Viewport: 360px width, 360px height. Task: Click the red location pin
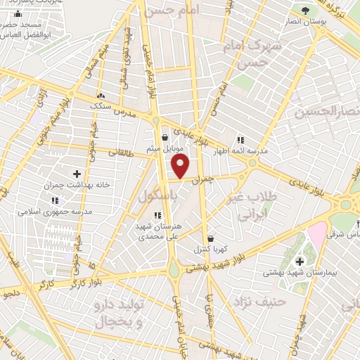[181, 167]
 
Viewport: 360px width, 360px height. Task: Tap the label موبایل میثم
[165, 148]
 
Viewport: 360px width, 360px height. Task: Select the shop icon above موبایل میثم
[165, 137]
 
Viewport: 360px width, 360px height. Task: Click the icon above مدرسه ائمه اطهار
[241, 139]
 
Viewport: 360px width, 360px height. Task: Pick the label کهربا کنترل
[210, 249]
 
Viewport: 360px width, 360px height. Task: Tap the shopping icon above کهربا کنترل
[210, 238]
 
